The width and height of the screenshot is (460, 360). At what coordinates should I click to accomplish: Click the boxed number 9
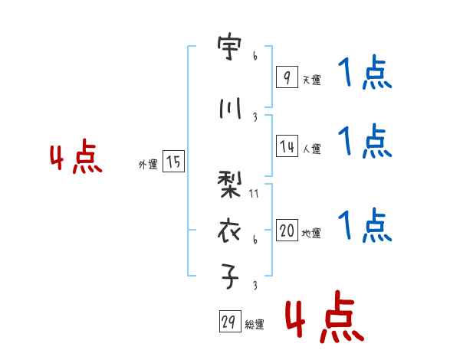tap(286, 77)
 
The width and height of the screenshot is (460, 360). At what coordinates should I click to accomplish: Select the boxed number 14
tap(287, 146)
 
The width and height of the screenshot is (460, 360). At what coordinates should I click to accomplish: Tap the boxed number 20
tap(287, 231)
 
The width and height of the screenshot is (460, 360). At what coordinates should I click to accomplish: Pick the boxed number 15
tap(173, 162)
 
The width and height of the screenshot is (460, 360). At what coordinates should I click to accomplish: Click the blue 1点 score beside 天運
tap(365, 75)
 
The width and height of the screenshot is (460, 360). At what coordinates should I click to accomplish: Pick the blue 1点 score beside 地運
tap(365, 225)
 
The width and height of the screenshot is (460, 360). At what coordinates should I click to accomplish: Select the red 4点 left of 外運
tap(75, 159)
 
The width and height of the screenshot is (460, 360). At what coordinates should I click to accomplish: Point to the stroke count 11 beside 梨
tap(255, 194)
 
